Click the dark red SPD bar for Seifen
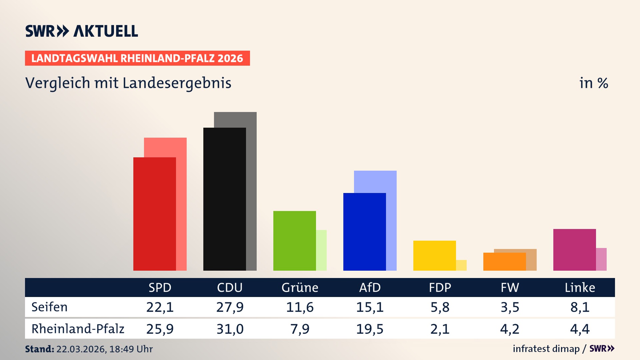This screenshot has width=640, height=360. (154, 214)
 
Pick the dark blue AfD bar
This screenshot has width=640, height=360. (364, 232)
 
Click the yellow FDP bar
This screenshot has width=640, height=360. (434, 255)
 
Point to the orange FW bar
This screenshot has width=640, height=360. (504, 262)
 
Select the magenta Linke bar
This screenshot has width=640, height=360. (574, 250)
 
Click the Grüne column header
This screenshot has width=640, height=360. (300, 288)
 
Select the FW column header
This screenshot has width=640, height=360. (510, 288)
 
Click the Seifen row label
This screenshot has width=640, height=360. (49, 307)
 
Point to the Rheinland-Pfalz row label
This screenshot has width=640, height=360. (78, 329)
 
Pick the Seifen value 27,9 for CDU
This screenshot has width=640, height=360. (230, 307)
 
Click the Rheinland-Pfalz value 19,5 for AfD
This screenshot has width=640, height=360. (370, 329)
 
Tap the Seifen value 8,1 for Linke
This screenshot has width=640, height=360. (580, 307)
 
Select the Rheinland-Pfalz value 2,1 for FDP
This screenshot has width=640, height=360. (440, 329)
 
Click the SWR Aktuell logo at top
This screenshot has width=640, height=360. (82, 31)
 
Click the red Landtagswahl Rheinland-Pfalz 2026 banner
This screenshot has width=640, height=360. (137, 58)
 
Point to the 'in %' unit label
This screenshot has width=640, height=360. (593, 83)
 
